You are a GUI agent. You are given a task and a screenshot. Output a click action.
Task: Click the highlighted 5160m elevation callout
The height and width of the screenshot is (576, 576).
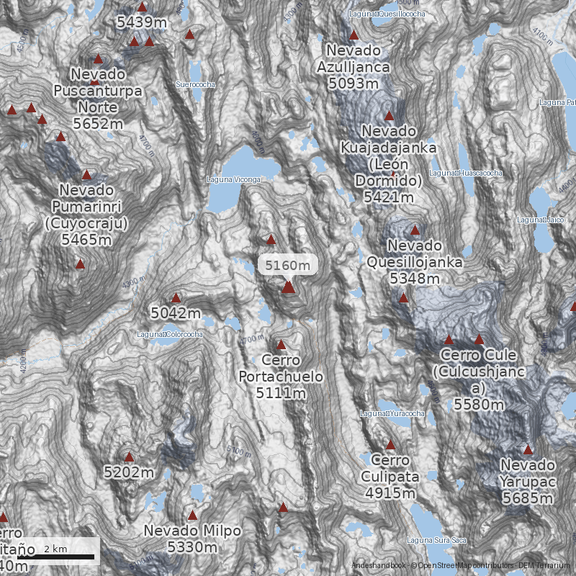tap(287, 265)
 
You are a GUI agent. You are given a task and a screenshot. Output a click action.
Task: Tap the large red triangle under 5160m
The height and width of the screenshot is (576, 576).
tap(288, 287)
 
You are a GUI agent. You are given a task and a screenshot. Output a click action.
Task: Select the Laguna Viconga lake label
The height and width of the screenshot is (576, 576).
tap(233, 179)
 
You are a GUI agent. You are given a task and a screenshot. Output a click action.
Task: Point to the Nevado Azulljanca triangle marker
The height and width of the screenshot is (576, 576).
tap(354, 35)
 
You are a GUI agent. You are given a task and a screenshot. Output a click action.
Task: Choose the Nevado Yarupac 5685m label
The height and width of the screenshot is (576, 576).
tap(528, 481)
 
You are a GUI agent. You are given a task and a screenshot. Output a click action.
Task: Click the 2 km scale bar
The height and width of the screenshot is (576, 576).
tap(56, 556)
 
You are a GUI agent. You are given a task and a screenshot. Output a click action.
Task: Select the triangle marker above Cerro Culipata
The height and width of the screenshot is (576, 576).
tap(391, 445)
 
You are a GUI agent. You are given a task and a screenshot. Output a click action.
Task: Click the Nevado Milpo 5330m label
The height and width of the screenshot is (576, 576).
tap(192, 539)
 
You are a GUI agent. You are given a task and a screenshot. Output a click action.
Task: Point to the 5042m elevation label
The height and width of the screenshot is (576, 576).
tap(176, 313)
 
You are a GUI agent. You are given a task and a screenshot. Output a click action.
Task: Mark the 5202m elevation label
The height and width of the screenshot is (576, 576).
tap(129, 472)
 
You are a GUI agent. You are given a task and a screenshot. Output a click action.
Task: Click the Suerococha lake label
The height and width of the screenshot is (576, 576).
tap(195, 84)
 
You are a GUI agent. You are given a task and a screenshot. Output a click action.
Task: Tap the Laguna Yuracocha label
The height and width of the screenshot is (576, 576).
tap(392, 414)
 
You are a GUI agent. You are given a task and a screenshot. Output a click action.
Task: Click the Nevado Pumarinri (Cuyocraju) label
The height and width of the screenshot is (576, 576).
tap(86, 215)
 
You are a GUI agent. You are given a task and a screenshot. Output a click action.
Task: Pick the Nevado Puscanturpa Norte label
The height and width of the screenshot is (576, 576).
tap(98, 99)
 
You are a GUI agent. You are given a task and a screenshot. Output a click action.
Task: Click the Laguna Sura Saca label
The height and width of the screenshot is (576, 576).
tap(436, 540)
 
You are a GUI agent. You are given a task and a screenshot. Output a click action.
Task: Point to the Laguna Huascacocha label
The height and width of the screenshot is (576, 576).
tap(466, 173)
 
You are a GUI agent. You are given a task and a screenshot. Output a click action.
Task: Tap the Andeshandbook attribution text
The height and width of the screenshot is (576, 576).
tap(379, 566)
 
